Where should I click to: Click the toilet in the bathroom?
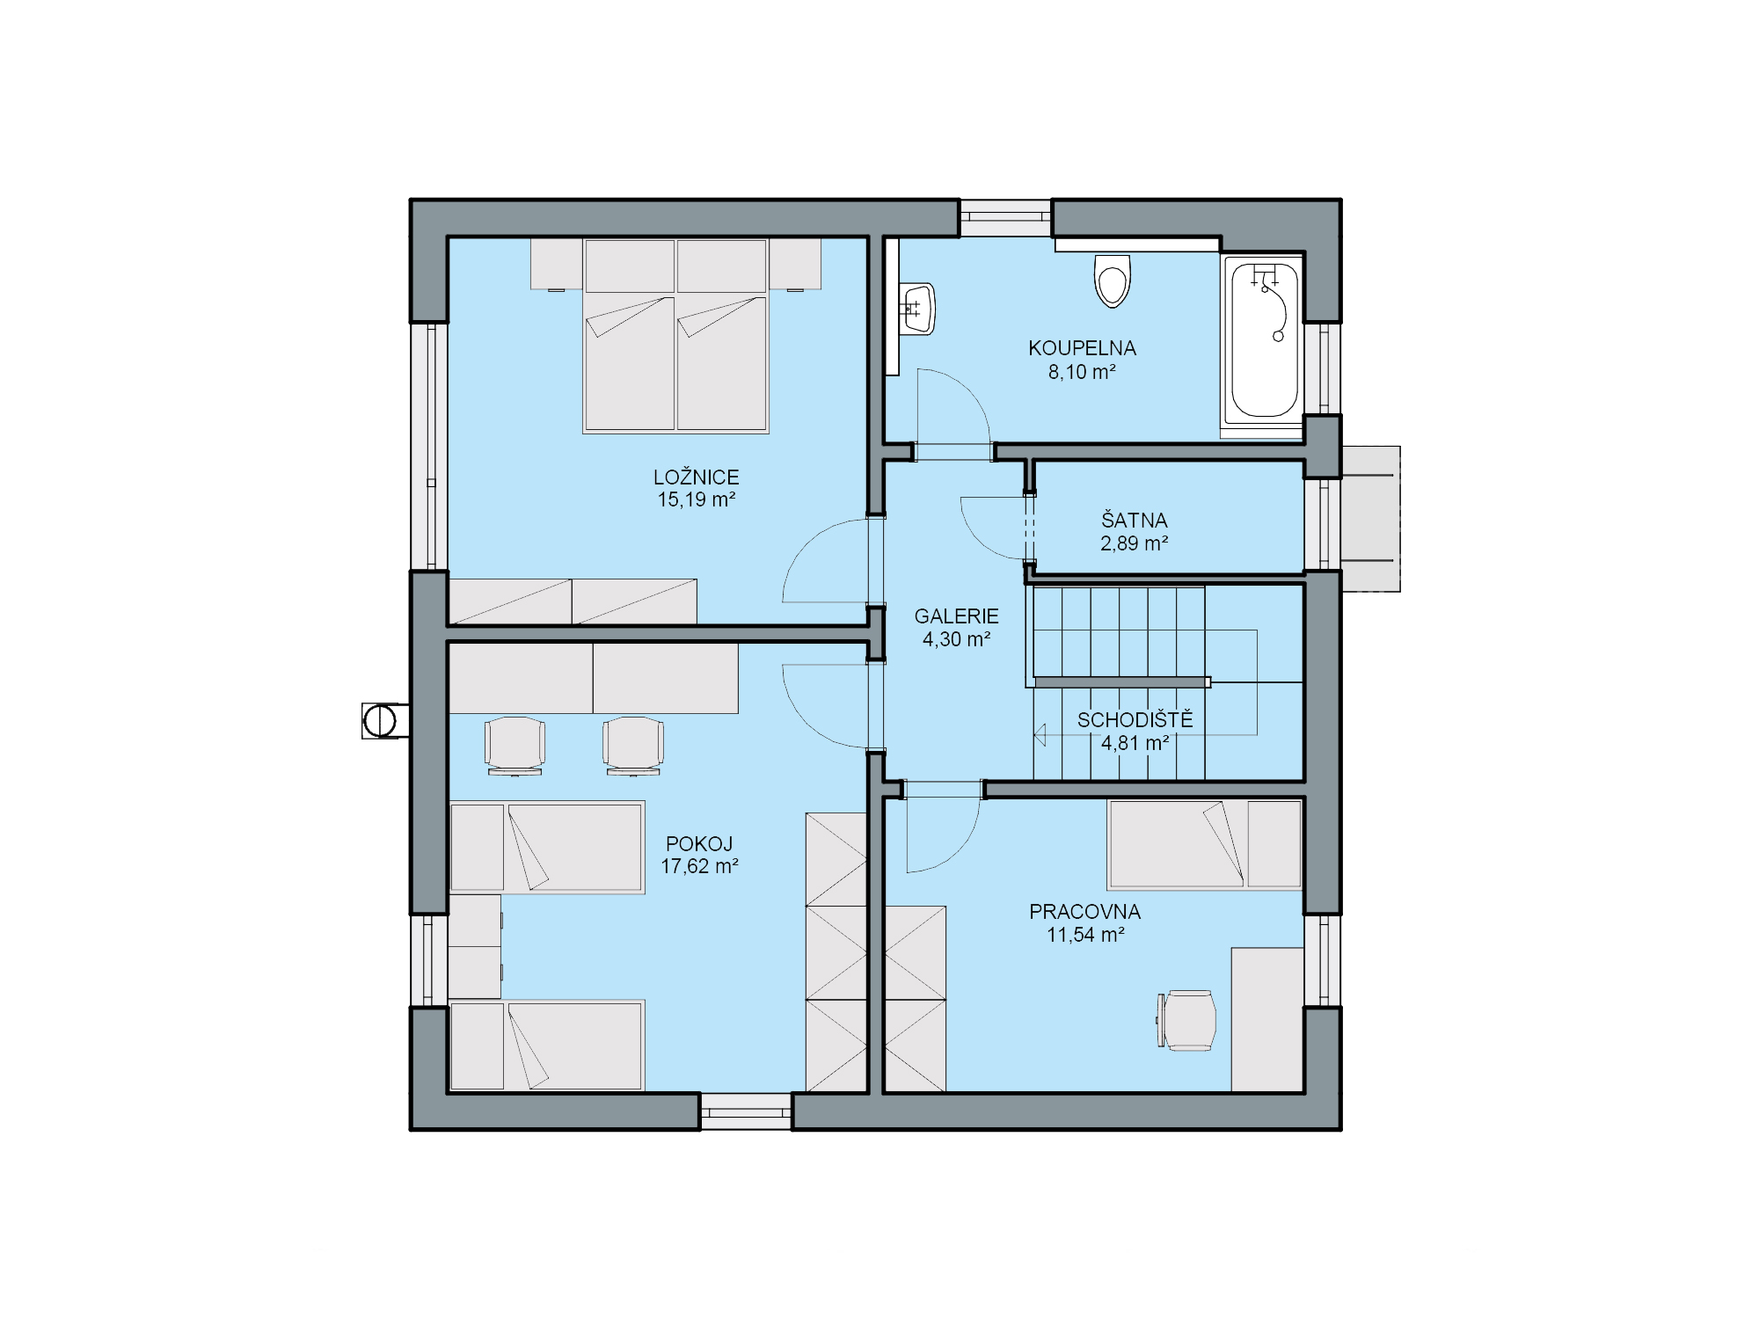[1112, 281]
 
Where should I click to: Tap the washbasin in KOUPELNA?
[917, 309]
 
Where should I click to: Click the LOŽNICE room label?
[696, 477]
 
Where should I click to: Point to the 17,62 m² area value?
[699, 866]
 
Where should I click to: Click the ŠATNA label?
[1134, 520]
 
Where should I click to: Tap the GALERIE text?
[956, 616]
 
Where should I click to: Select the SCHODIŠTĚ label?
[1135, 720]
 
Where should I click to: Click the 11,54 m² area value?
[1085, 935]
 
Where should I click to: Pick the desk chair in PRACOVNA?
[1186, 1020]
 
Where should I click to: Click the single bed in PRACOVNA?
[1205, 844]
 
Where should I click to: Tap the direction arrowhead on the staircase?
[1040, 734]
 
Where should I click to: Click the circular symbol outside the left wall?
[380, 721]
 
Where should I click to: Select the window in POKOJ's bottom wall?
[746, 1111]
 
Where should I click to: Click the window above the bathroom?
[1005, 218]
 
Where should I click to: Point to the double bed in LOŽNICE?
[675, 336]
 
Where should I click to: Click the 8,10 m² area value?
[1082, 372]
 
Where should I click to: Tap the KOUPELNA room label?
[1082, 348]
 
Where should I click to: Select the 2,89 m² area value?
[1134, 543]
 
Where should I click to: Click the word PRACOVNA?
[1084, 912]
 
